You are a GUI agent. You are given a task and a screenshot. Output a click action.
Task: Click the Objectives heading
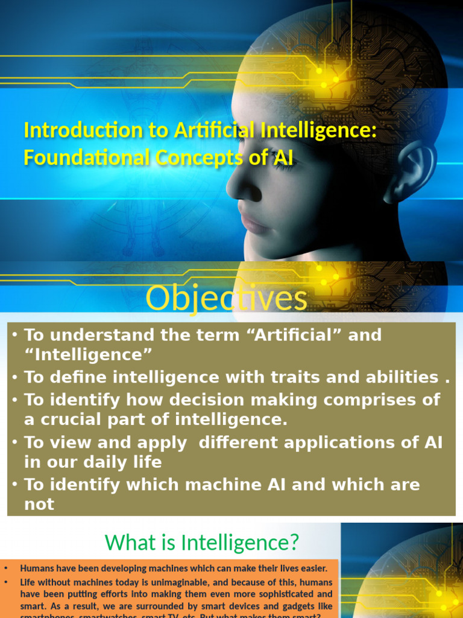tap(227, 299)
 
